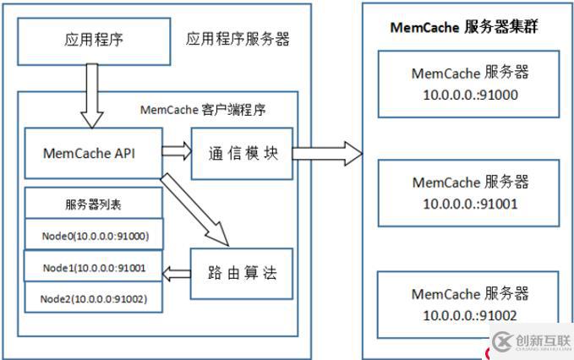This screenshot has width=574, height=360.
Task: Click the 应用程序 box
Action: [x=94, y=41]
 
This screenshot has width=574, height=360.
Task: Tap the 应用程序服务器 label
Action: [x=238, y=39]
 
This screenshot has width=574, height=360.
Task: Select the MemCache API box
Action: [x=93, y=153]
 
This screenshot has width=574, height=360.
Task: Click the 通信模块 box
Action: [x=242, y=154]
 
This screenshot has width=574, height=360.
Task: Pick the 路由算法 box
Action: [x=242, y=274]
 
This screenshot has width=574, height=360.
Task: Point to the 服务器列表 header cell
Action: [x=93, y=204]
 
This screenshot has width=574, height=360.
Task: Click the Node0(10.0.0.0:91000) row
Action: [x=94, y=235]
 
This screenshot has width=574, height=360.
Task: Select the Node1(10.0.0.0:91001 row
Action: [x=93, y=266]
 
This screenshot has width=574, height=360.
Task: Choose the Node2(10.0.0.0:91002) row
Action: [x=93, y=297]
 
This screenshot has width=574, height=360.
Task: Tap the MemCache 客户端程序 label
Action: [x=203, y=110]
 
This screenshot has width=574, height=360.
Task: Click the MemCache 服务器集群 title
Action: [x=464, y=27]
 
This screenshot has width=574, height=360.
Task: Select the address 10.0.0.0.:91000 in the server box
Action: [x=470, y=95]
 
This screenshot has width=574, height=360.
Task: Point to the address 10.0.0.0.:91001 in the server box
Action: [x=470, y=204]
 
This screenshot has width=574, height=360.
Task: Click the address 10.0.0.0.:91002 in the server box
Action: [x=470, y=315]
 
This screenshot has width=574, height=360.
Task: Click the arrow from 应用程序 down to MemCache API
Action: [x=92, y=95]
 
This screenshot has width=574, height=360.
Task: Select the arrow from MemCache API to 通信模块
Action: [x=177, y=150]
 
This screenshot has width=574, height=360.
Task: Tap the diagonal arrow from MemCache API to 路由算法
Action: [x=194, y=210]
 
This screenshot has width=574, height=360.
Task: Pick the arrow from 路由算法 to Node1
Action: [x=177, y=274]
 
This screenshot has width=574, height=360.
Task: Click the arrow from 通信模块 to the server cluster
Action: [x=327, y=154]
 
